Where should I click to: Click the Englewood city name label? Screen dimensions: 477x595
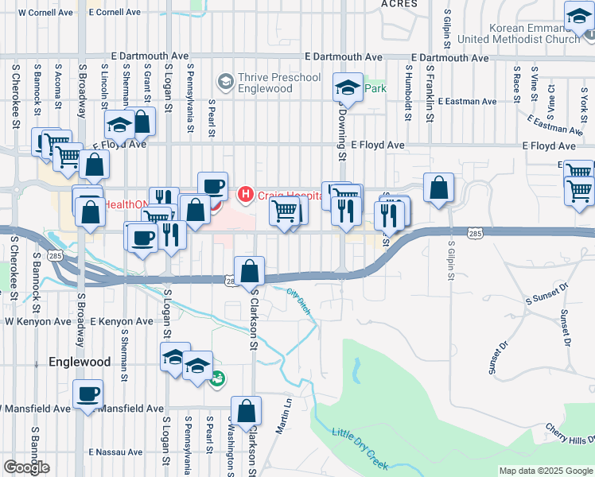[80, 362]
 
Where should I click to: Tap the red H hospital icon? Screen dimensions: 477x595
[246, 193]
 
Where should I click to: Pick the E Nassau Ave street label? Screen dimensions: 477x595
[115, 452]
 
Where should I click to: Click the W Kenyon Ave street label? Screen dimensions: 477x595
[33, 321]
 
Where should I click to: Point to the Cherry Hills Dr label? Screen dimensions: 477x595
[570, 434]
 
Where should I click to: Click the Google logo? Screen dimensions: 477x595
[26, 467]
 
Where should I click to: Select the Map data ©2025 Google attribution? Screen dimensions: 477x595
[546, 471]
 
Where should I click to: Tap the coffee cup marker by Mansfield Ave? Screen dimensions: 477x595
[87, 394]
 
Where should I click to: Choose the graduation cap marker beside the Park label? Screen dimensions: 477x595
[347, 87]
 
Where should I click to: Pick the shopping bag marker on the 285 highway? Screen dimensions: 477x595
[250, 270]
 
